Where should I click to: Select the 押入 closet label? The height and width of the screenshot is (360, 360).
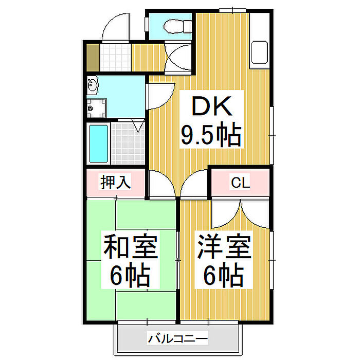click(x=116, y=183)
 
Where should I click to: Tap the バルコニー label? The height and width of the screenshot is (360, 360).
click(x=178, y=339)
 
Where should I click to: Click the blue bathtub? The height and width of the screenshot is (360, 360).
click(x=98, y=143)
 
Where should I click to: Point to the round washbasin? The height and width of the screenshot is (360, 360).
click(x=93, y=85)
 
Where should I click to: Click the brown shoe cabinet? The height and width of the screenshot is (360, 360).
click(x=93, y=58)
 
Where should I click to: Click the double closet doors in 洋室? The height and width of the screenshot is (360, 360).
click(x=240, y=212)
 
